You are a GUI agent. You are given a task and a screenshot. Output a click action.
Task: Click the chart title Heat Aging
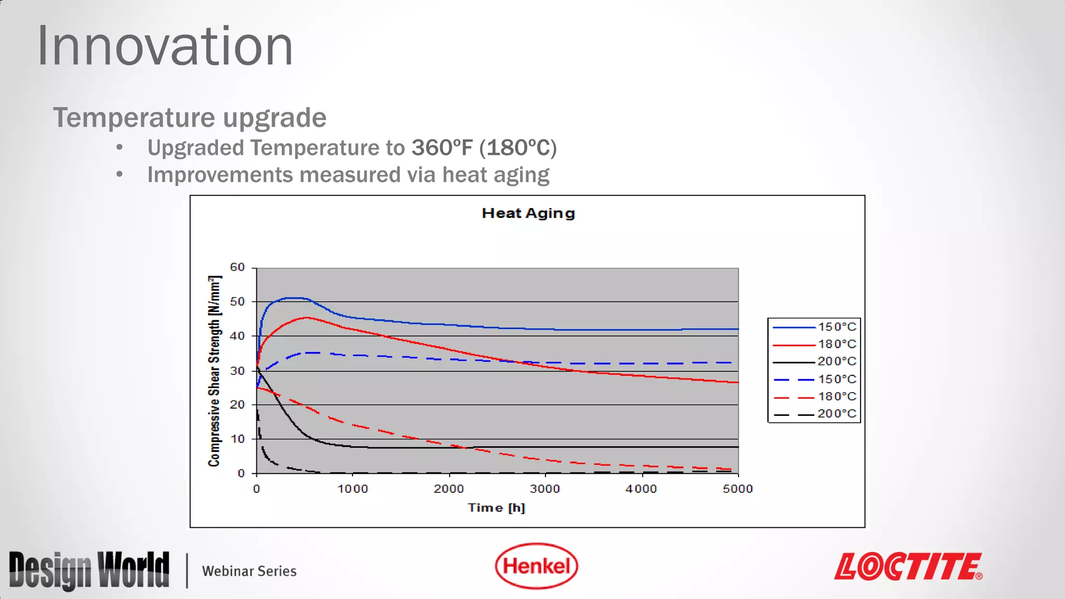coord(528,213)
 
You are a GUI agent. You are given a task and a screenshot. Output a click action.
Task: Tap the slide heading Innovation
coord(165,47)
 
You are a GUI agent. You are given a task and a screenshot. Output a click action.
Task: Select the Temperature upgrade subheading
coord(190,118)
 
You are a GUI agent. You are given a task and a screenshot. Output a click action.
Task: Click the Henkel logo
coord(536,566)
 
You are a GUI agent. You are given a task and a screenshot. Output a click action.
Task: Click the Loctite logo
coord(908,567)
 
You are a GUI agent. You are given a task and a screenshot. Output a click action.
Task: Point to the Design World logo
coord(89,570)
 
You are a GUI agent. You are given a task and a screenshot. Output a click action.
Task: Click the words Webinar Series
coord(249,571)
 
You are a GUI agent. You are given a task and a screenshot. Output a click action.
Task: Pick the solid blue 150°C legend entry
coord(814,327)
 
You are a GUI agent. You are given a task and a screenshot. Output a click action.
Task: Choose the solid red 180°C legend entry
coord(814,344)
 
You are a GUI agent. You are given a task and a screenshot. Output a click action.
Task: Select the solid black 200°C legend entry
coord(814,361)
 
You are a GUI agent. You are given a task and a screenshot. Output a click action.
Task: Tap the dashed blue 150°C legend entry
coord(814,380)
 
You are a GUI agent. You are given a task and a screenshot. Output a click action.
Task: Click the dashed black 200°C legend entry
coord(814,414)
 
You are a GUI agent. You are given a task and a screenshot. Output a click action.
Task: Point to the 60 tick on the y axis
coord(237,267)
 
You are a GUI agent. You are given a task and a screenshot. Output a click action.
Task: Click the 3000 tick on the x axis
coord(545,489)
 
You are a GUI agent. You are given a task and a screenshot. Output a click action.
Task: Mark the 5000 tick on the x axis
coord(737,489)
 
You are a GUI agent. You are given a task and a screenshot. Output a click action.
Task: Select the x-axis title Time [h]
coord(496,507)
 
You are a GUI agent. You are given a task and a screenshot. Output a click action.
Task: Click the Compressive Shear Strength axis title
coord(214,371)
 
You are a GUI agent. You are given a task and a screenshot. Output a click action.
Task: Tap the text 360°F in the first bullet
coord(442,148)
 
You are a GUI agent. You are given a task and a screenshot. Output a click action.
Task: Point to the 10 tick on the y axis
coord(237,439)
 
